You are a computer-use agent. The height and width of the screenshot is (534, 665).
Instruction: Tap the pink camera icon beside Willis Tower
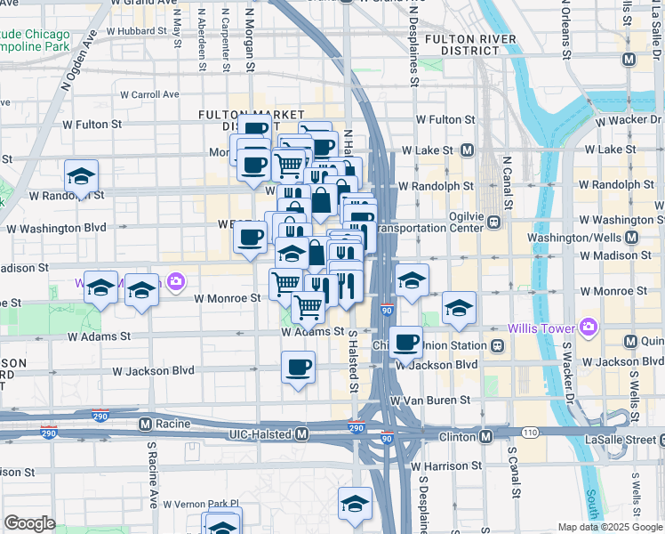coord(587,328)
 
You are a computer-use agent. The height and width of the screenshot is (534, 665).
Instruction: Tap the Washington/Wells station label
coord(576,238)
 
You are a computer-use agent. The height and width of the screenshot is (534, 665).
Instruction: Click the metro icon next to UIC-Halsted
coord(302,433)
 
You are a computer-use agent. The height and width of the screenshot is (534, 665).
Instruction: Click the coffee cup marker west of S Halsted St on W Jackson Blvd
coord(299,366)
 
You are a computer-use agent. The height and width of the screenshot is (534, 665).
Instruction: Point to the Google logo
coord(29,523)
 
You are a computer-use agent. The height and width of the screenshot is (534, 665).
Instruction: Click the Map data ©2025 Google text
coord(610,527)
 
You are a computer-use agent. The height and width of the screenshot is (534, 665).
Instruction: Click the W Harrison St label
coord(445,465)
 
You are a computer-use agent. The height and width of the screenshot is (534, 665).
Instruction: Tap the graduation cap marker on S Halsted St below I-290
coord(355,503)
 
